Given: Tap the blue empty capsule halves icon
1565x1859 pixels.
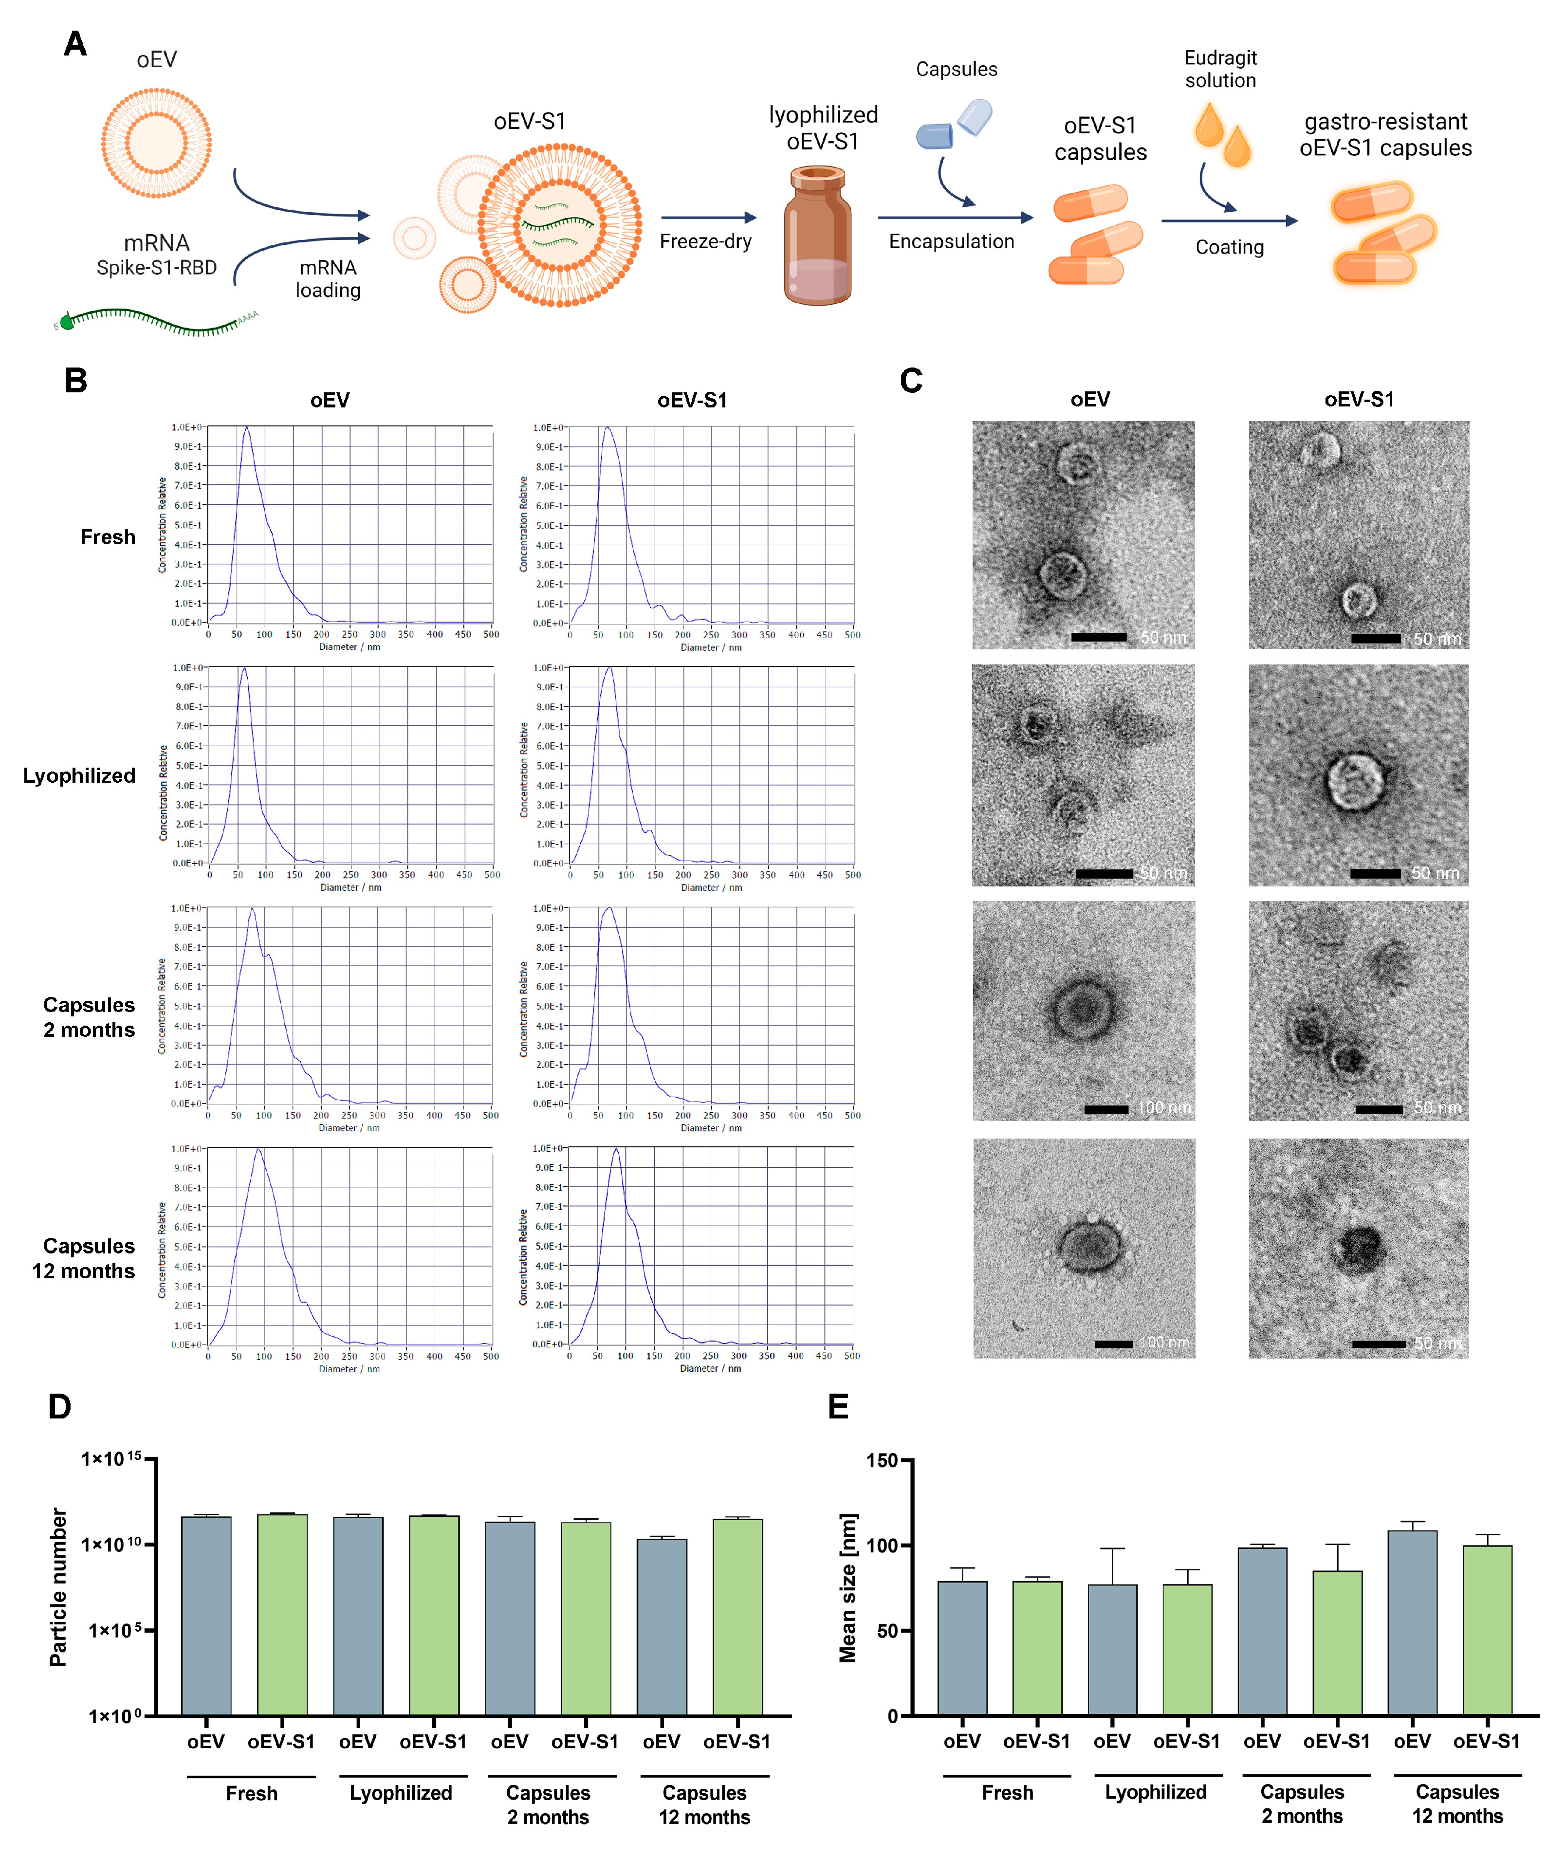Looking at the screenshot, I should [x=954, y=126].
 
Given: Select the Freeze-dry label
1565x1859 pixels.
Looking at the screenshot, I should [x=705, y=241].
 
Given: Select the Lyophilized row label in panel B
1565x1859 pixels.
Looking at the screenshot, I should [x=79, y=775].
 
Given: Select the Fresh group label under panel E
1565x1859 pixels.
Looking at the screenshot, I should [x=1007, y=1792].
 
